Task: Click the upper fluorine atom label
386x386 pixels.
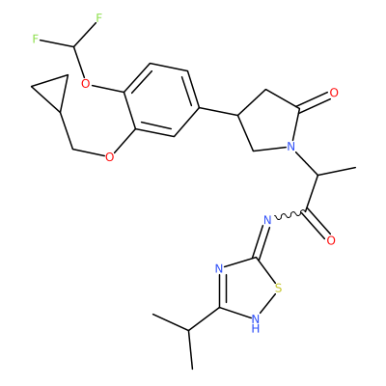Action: [x=98, y=18]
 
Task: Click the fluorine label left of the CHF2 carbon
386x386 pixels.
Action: [x=36, y=40]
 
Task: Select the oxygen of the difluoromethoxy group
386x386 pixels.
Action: [x=85, y=84]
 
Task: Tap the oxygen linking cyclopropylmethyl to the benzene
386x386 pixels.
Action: [x=110, y=157]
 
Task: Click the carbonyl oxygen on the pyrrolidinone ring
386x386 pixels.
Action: [x=334, y=93]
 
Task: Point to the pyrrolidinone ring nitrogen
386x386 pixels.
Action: [x=290, y=147]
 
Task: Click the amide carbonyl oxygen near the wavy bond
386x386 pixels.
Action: [x=331, y=240]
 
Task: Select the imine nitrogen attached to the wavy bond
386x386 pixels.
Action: [x=267, y=220]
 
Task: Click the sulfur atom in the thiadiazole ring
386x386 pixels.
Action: [x=279, y=289]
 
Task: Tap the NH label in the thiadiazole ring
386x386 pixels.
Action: [x=256, y=323]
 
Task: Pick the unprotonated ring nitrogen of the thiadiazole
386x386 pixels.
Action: [x=219, y=268]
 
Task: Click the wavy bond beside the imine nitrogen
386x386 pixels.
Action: [x=289, y=215]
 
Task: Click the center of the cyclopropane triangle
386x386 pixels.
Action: [x=53, y=91]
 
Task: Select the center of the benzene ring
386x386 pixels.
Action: [x=161, y=100]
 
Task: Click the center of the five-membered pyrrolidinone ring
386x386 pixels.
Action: [x=267, y=124]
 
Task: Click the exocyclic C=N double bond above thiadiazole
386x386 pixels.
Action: [x=262, y=240]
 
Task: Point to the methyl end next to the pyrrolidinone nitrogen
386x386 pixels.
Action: [x=355, y=168]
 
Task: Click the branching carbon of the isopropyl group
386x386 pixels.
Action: [x=189, y=330]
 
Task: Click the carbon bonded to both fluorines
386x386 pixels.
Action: [x=74, y=47]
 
